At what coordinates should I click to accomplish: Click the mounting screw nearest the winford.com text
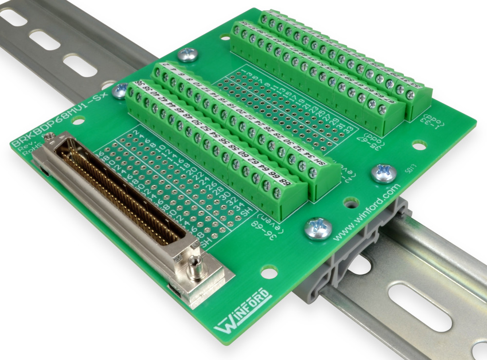pyautogui.click(x=318, y=227)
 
